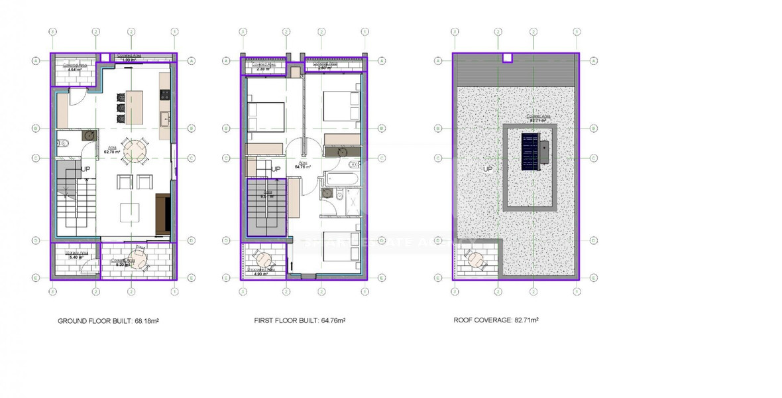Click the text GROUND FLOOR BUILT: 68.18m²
pos(108,320)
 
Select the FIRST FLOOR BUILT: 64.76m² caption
pos(300,320)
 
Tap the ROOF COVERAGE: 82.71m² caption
pos(496,320)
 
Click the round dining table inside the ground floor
pos(135,150)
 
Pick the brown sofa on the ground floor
pos(162,214)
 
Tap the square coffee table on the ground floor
pos(130,212)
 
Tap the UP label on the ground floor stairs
pos(85,170)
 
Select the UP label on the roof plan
pos(488,170)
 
